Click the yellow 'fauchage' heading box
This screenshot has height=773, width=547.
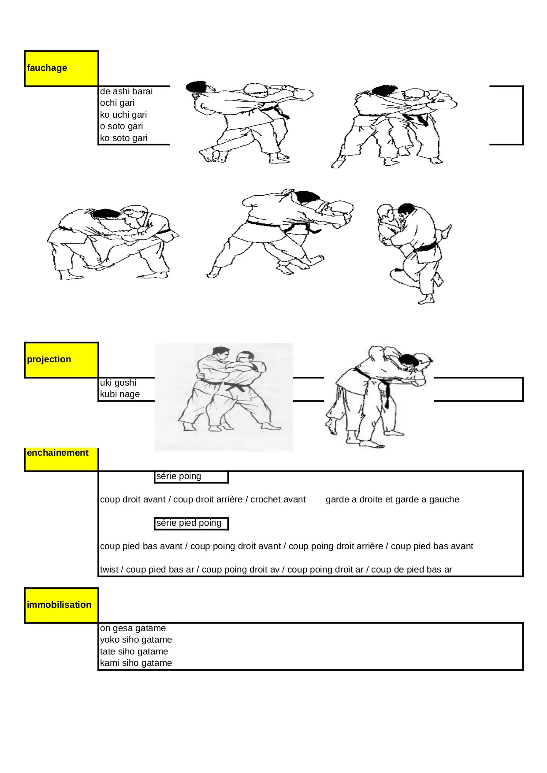[x=61, y=68]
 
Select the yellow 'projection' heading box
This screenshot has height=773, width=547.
[x=61, y=360]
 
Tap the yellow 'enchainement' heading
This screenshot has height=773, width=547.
[x=61, y=459]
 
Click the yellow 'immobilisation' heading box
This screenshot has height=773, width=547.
[x=61, y=605]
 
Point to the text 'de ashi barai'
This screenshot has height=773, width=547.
[x=126, y=91]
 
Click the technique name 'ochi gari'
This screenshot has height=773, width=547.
[x=117, y=103]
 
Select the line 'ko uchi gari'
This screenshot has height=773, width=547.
[x=123, y=115]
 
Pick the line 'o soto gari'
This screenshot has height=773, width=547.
[x=122, y=126]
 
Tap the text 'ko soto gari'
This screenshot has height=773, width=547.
[x=124, y=138]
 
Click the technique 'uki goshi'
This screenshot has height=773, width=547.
[x=118, y=383]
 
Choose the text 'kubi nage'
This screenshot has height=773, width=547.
[x=120, y=394]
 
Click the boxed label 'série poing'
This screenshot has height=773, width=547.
[x=191, y=476]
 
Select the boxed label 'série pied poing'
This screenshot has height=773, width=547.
[x=191, y=523]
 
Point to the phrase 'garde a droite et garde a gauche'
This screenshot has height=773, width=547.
[x=392, y=499]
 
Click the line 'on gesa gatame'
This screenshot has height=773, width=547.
[x=133, y=628]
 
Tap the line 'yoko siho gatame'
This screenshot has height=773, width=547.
[x=136, y=639]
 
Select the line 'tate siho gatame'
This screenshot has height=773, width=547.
[x=134, y=651]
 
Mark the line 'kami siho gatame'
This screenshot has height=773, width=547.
[x=136, y=663]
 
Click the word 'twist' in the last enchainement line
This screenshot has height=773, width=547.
[x=109, y=569]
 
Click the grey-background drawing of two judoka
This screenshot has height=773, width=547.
[x=223, y=397]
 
